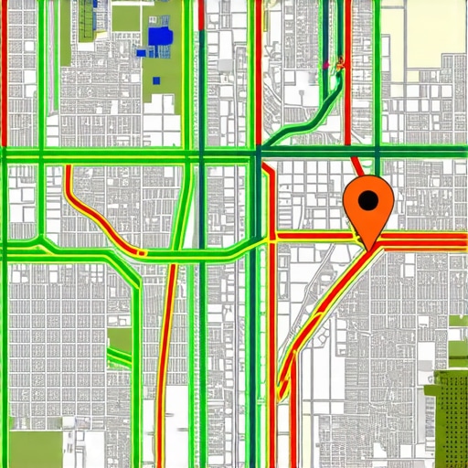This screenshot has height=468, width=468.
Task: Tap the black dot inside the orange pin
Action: [368, 200]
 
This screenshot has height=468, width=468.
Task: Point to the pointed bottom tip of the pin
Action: [369, 247]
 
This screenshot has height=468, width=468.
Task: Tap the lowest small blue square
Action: [156, 81]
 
